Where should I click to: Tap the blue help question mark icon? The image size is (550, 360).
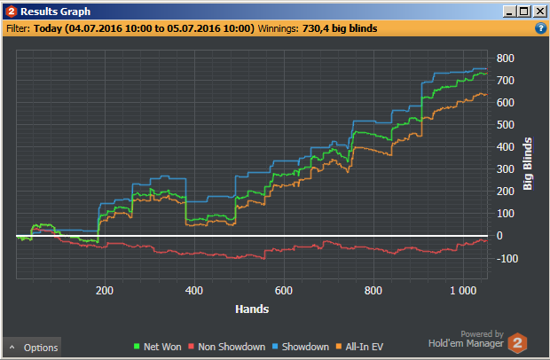click(x=540, y=28)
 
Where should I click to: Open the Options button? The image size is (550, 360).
click(x=33, y=348)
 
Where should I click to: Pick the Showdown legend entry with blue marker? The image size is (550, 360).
click(x=300, y=347)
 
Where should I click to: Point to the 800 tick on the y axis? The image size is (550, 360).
click(x=506, y=59)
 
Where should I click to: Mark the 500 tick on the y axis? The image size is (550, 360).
click(x=506, y=125)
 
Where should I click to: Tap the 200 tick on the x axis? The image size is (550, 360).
click(x=105, y=291)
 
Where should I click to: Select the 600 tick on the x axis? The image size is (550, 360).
click(x=284, y=291)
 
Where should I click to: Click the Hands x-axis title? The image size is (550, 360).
click(x=252, y=309)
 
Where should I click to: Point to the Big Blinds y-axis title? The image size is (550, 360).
click(x=528, y=164)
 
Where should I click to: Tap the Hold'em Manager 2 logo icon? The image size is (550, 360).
click(x=518, y=341)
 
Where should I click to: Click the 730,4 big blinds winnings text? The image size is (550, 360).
click(x=342, y=28)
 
